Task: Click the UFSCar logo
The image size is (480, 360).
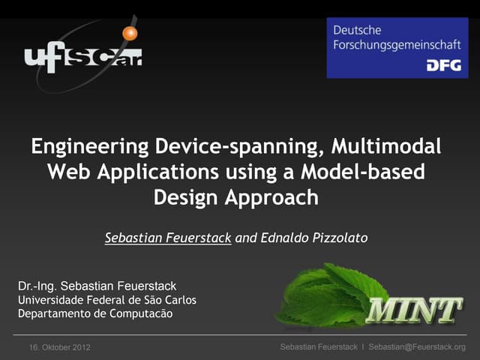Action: [x=82, y=54]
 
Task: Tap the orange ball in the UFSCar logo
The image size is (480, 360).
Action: [x=130, y=33]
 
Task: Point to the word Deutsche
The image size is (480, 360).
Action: [x=358, y=30]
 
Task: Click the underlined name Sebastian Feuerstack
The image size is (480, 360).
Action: [x=168, y=238]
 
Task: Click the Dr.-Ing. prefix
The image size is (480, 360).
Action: [x=37, y=286]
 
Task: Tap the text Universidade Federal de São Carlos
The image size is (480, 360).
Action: [x=106, y=300]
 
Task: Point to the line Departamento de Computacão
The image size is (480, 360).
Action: [x=94, y=313]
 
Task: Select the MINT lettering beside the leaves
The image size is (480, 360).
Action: [x=414, y=310]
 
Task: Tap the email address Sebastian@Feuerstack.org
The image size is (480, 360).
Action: [x=417, y=347]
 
